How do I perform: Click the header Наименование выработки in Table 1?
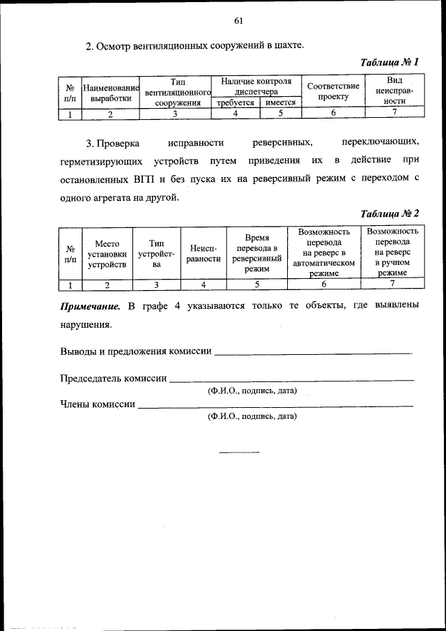coord(111,93)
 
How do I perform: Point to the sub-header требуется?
coord(235,102)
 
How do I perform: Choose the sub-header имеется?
coord(280,102)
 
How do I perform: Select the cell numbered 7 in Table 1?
coord(394,112)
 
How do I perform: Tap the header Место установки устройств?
coord(107,254)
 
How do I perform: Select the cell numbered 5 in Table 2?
coord(256,284)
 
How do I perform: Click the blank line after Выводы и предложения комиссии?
coord(313,352)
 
